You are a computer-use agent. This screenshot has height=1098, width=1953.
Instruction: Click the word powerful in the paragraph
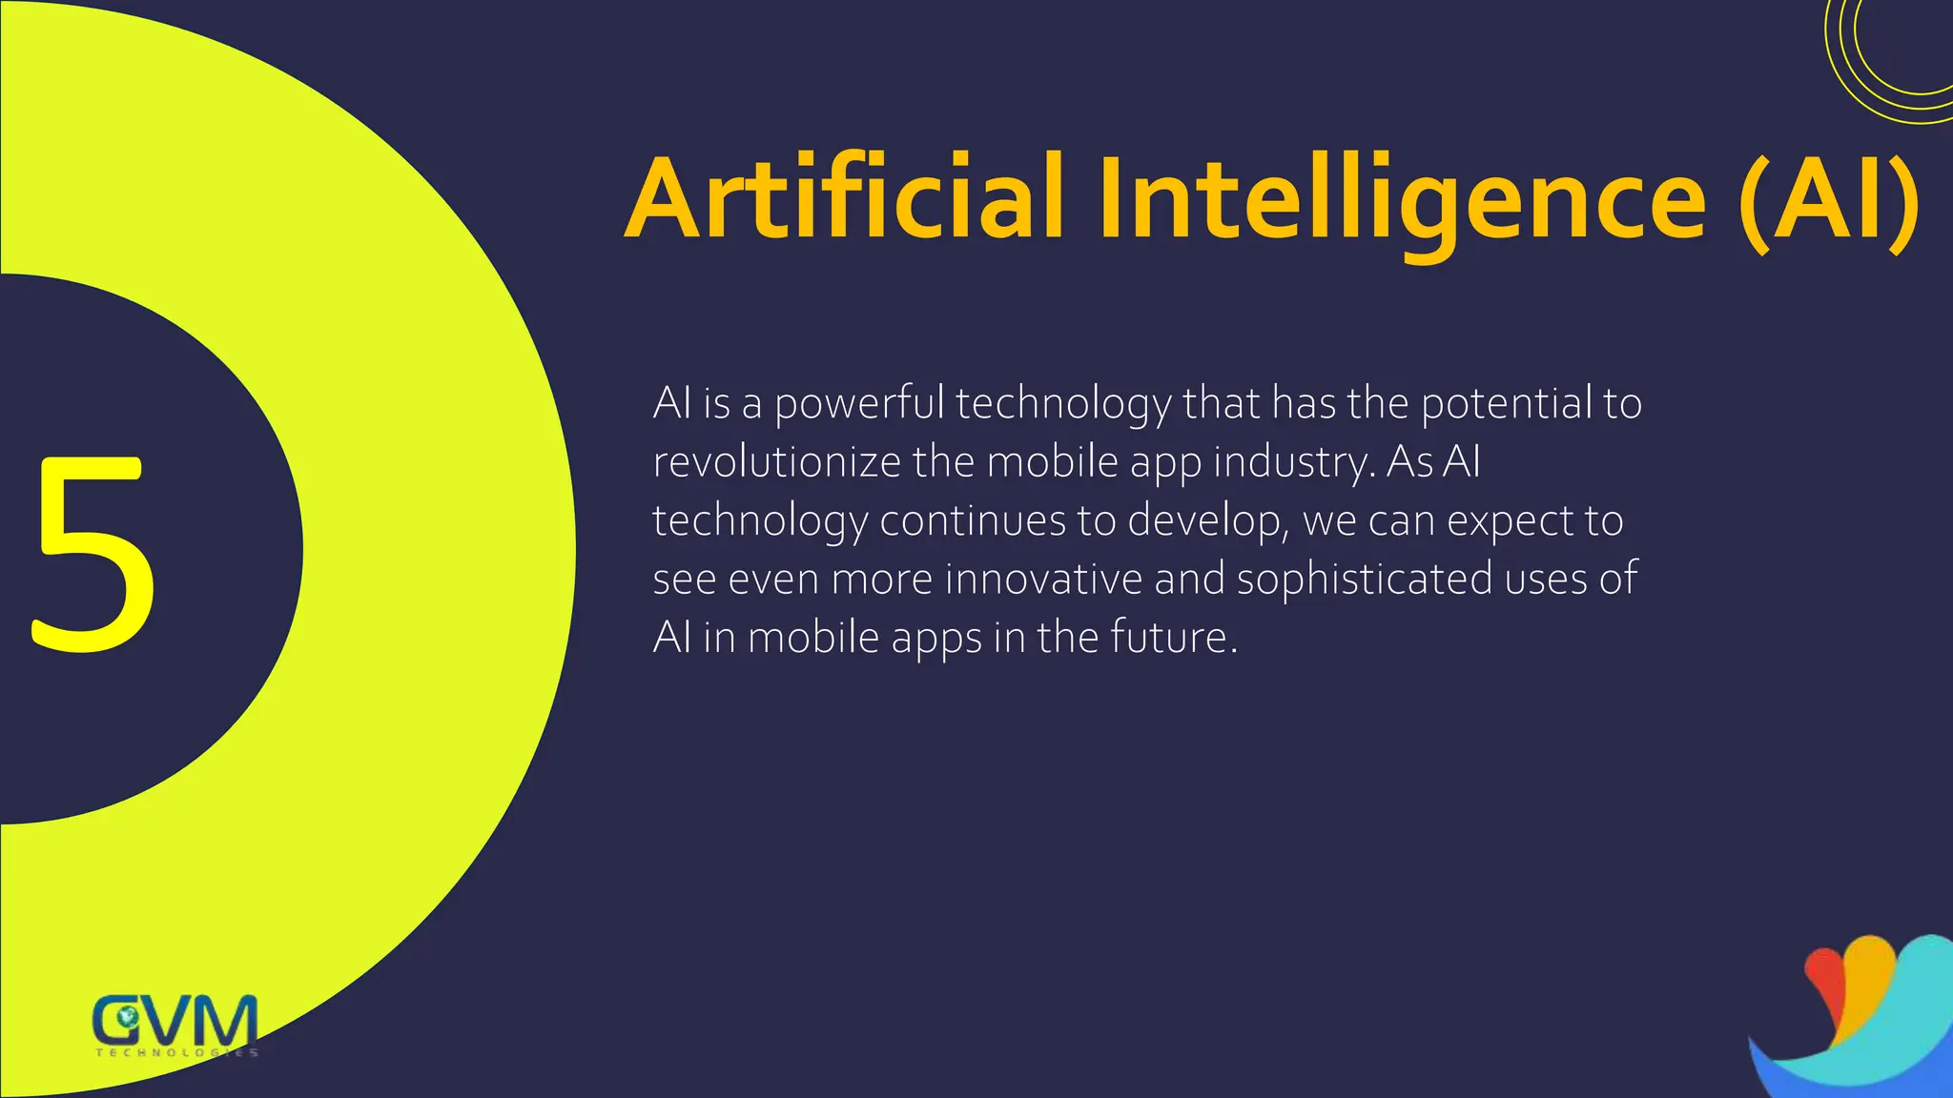point(858,404)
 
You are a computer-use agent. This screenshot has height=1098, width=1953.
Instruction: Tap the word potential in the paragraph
point(1506,404)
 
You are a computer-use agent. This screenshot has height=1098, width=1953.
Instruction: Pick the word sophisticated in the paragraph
point(1364,579)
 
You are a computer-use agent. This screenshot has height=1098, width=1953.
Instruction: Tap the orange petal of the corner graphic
point(1864,982)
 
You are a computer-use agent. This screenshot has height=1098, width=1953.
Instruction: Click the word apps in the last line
point(935,639)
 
